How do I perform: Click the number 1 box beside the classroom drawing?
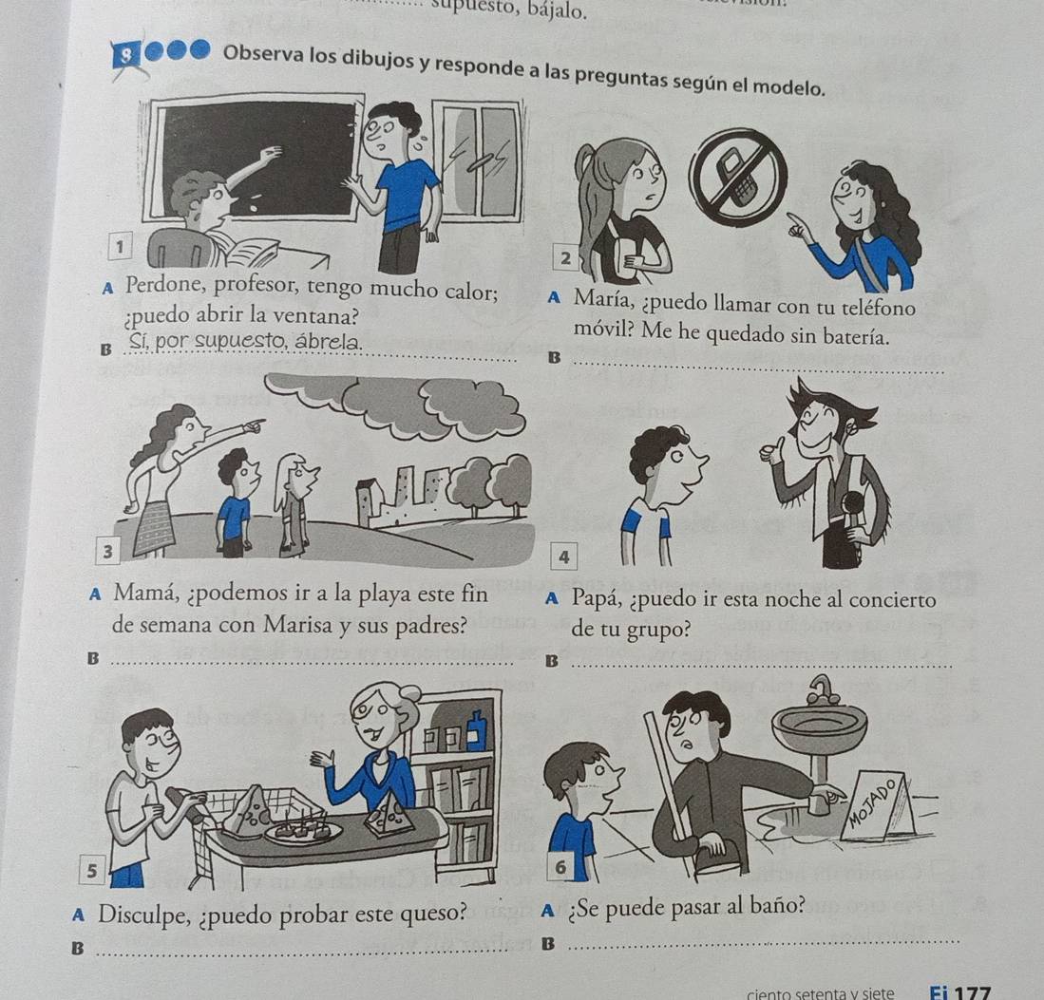coord(120,247)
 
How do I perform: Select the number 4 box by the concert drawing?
coord(564,557)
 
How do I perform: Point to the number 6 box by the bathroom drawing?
coord(560,867)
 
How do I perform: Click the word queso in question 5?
coord(430,915)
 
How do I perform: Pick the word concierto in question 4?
coord(889,599)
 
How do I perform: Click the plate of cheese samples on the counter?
coord(303,830)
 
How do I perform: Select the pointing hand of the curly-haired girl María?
coord(802,228)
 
